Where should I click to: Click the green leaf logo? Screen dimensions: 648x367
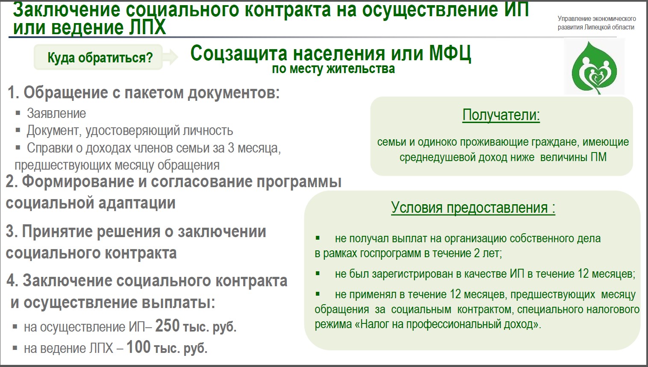(595, 68)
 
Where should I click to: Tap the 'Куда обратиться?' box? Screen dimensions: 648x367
(98, 57)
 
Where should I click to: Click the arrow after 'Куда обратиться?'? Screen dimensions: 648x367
(171, 57)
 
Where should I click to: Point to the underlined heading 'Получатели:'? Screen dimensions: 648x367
(501, 115)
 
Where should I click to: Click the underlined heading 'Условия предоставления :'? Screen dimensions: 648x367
(473, 208)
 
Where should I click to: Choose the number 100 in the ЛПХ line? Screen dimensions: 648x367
(138, 347)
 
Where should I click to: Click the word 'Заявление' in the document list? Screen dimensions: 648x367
(56, 113)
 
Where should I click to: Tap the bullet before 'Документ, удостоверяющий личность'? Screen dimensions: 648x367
(18, 130)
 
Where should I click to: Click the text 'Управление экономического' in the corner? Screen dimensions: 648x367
(597, 19)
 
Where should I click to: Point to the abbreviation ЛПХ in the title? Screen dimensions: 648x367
(147, 27)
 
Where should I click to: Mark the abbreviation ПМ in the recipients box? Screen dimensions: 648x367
(598, 157)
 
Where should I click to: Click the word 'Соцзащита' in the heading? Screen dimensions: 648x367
(239, 54)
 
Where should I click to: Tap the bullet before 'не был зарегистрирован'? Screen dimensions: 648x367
(318, 273)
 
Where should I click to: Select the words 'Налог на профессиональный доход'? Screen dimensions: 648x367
(447, 324)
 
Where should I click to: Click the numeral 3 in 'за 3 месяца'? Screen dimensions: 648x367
(231, 148)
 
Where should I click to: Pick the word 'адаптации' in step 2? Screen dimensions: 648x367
(137, 203)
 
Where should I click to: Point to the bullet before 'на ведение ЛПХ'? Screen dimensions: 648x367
(15, 348)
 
